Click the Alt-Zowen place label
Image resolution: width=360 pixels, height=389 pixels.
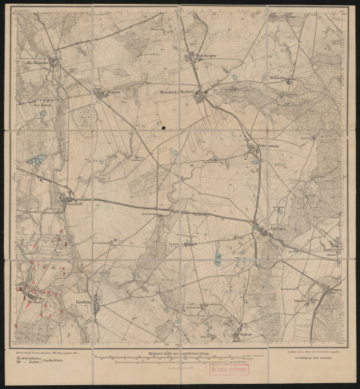coord(34,64)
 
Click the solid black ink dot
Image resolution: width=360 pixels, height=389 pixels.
coord(165,128)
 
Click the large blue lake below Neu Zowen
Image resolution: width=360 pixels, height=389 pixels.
coord(36,159)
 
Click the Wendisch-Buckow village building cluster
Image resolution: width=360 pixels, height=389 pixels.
coord(201,98)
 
